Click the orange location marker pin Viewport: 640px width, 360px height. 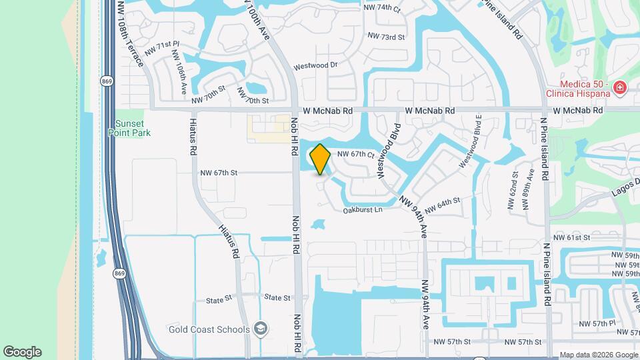click(x=320, y=159)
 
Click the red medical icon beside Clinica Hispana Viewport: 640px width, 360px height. click(x=619, y=87)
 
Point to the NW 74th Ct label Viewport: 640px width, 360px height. click(x=382, y=8)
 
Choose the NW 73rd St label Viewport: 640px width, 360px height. click(x=387, y=37)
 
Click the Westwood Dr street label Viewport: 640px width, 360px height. click(x=316, y=65)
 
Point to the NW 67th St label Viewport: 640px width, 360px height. click(x=219, y=173)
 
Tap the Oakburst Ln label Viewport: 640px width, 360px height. click(x=363, y=210)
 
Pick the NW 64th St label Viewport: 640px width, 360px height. click(x=442, y=205)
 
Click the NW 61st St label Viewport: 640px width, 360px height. click(x=571, y=237)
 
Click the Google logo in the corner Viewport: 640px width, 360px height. click(x=22, y=352)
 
